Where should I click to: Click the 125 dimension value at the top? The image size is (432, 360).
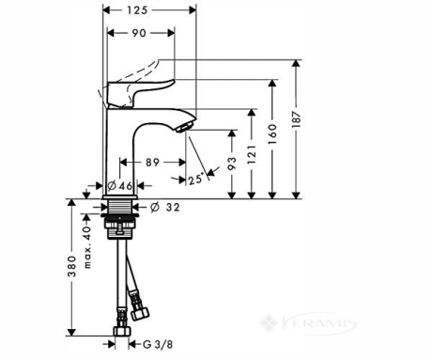click(137, 10)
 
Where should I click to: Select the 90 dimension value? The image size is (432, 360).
click(139, 33)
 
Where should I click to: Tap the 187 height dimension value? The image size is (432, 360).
click(296, 119)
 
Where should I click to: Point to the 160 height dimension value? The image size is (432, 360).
click(272, 133)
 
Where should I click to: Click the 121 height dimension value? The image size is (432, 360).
click(252, 154)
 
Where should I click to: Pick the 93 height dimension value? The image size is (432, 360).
click(232, 164)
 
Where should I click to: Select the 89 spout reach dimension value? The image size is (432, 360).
click(152, 163)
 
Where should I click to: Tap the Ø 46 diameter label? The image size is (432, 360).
click(120, 186)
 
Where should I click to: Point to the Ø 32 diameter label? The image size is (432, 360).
click(165, 207)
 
